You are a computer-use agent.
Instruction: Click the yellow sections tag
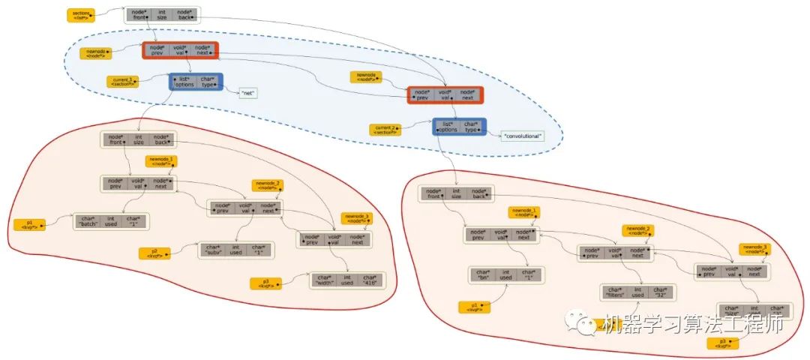(80, 14)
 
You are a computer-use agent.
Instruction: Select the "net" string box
(248, 93)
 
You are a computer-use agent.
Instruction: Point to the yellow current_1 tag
(122, 81)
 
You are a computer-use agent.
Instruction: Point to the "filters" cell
(613, 292)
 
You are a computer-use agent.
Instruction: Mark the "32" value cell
(660, 292)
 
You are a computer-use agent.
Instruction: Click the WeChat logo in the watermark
(584, 324)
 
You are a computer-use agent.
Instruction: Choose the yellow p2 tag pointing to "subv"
(154, 253)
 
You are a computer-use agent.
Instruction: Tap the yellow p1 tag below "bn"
(475, 306)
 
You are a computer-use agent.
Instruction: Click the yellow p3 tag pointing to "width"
(265, 283)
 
